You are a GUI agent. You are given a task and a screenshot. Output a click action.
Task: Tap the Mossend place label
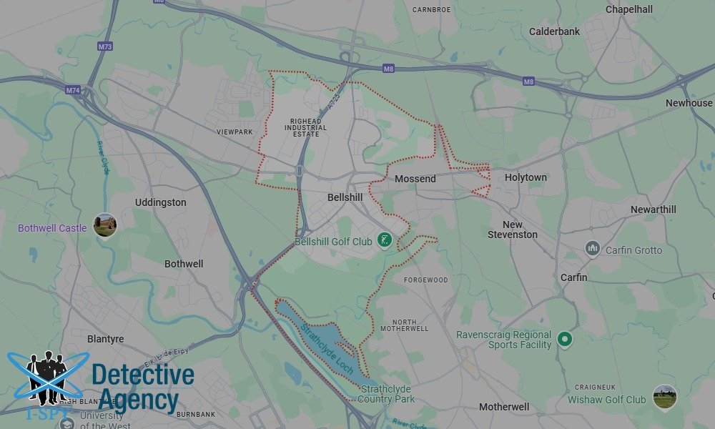pyautogui.click(x=415, y=179)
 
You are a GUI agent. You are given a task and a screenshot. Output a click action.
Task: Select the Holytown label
pyautogui.click(x=526, y=177)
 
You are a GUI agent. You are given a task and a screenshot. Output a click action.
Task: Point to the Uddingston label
pyautogui.click(x=161, y=202)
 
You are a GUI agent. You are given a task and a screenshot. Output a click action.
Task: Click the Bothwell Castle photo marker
pyautogui.click(x=105, y=226)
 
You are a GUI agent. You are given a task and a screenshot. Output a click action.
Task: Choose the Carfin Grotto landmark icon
pyautogui.click(x=592, y=249)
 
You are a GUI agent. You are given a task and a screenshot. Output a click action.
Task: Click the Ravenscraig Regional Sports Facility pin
pyautogui.click(x=565, y=339)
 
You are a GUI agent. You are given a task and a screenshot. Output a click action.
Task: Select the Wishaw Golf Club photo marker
pyautogui.click(x=664, y=398)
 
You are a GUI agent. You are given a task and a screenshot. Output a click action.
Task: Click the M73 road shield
pyautogui.click(x=104, y=47)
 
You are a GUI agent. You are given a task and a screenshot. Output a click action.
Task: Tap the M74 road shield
pyautogui.click(x=73, y=91)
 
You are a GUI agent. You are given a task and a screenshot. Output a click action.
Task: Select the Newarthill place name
pyautogui.click(x=653, y=209)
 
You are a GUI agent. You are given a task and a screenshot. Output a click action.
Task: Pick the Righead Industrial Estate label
pyautogui.click(x=309, y=127)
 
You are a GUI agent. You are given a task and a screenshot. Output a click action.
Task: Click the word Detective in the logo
pyautogui.click(x=143, y=376)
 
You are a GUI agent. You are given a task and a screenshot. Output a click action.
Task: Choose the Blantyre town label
pyautogui.click(x=105, y=339)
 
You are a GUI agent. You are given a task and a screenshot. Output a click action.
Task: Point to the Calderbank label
pyautogui.click(x=554, y=31)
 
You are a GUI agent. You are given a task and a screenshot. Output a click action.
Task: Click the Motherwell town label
pyautogui.click(x=504, y=407)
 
